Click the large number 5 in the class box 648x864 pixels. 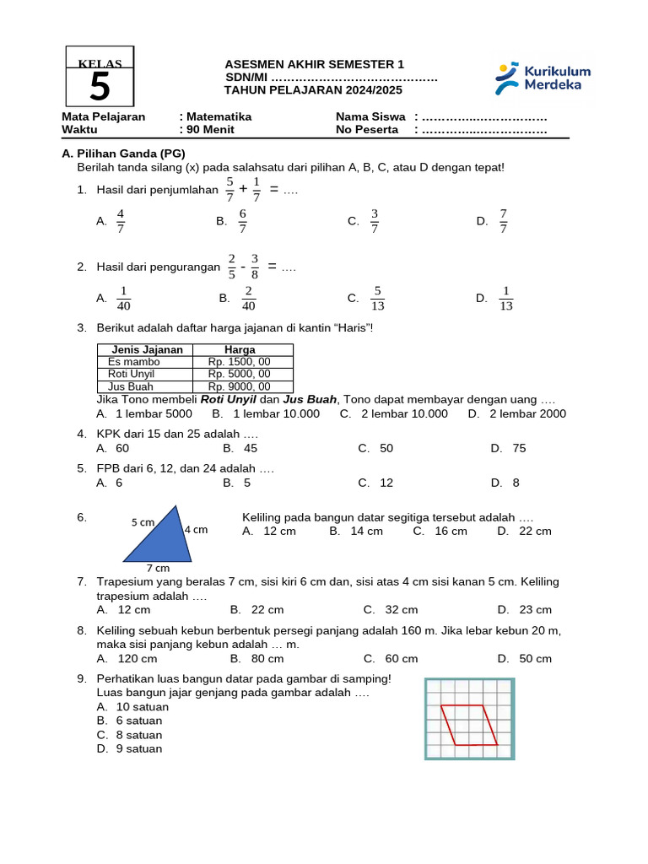(100, 87)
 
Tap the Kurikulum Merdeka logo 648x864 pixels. (543, 78)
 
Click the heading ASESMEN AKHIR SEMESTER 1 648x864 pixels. (314, 65)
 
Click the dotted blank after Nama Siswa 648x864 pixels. (484, 116)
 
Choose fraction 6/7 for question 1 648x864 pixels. (242, 221)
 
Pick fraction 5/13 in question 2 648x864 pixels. (377, 298)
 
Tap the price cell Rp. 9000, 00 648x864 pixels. (240, 386)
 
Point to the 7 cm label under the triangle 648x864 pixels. (158, 568)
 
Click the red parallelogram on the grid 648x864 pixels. (469, 725)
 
